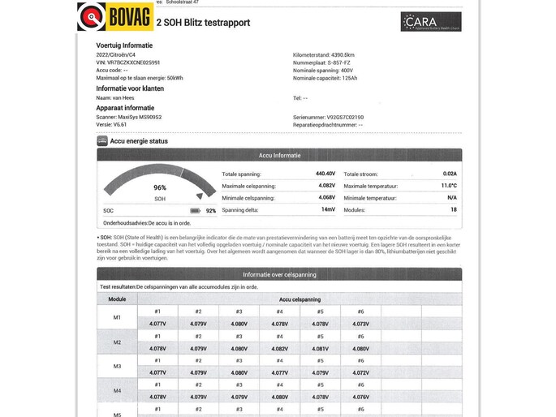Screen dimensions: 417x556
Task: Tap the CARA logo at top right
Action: tap(430, 22)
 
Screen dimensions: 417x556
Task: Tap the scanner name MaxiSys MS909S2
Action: tap(140, 117)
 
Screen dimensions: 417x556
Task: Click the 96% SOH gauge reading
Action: tap(160, 187)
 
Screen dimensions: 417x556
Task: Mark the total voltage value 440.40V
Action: tap(325, 174)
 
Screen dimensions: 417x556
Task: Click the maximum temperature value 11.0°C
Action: tap(449, 186)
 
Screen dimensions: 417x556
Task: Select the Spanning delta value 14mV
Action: tap(328, 209)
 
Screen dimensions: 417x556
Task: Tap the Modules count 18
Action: tap(453, 209)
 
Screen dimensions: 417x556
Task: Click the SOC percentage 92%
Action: tap(211, 210)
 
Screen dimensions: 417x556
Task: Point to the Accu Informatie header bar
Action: tap(279, 155)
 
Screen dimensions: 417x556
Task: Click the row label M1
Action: tap(117, 317)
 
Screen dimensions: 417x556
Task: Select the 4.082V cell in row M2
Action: tap(279, 349)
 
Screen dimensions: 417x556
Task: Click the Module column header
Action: tap(117, 299)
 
